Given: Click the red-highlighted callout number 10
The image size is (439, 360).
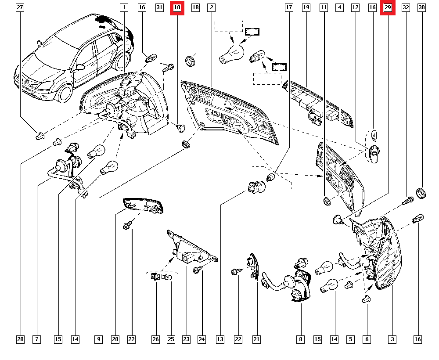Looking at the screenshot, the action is click(177, 7).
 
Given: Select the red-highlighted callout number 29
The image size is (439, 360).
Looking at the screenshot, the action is click(388, 7).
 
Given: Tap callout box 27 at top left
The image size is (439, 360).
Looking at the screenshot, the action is click(20, 7).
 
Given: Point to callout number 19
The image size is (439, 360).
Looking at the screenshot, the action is click(306, 7).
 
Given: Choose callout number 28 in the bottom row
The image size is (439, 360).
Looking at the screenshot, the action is click(20, 339).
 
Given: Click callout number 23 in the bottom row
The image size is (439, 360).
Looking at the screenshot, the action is click(186, 339).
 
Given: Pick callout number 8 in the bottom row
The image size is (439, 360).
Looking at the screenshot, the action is click(300, 339).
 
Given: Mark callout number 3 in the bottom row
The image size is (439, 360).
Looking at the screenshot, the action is click(392, 339).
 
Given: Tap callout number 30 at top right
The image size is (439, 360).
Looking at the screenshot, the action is click(421, 7).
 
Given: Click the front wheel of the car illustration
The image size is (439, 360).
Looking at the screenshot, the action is click(65, 93).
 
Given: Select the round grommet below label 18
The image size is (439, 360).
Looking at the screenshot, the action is click(191, 61).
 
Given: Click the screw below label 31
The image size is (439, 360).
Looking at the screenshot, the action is click(168, 68).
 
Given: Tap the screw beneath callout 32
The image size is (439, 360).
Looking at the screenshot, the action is click(408, 201).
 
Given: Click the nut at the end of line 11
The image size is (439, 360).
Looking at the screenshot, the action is click(327, 201).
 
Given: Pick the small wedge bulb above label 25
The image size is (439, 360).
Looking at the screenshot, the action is click(167, 277).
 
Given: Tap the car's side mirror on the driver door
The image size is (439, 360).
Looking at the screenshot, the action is click(80, 67).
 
